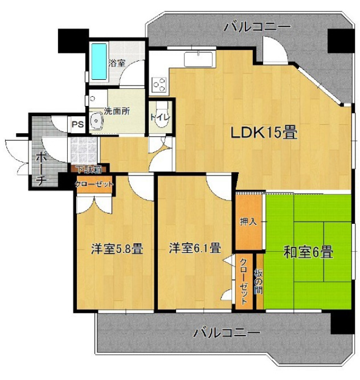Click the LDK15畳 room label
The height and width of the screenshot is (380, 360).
[264, 133]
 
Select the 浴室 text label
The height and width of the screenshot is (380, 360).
[117, 63]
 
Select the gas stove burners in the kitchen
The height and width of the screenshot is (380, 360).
[159, 85]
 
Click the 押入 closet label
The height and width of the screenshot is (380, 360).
[248, 220]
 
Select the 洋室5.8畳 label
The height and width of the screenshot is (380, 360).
[117, 248]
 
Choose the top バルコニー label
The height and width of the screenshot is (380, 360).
[257, 26]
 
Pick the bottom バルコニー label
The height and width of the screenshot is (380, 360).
[226, 332]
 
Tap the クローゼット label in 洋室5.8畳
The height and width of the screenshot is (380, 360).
[95, 184]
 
